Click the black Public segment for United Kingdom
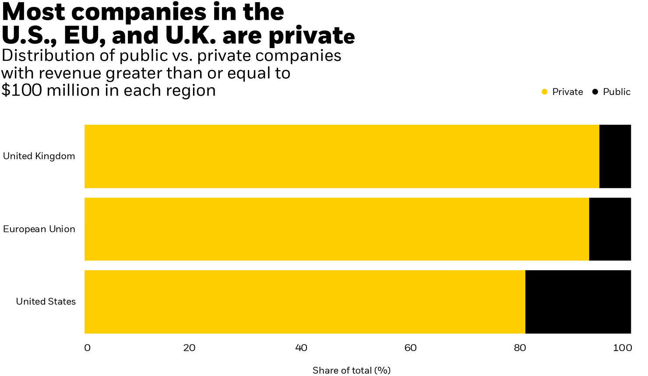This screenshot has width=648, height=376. click(x=615, y=156)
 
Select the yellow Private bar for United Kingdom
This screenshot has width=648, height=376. click(x=342, y=156)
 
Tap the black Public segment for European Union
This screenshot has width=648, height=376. click(x=610, y=229)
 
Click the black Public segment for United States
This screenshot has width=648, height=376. click(x=578, y=302)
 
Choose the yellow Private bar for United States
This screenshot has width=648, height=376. click(x=305, y=302)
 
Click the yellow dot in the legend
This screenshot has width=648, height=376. click(x=545, y=92)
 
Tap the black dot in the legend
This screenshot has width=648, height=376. click(x=595, y=92)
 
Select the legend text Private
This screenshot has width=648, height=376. click(x=567, y=92)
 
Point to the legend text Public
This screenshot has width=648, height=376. click(x=616, y=92)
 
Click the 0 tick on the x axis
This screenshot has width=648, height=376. click(x=87, y=348)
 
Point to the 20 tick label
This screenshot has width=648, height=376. click(x=189, y=348)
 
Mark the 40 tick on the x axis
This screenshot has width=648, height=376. click(x=301, y=348)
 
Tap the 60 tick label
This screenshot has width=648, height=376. click(x=410, y=348)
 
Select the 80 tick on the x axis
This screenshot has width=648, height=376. click(x=520, y=348)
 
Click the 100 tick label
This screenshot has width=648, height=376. click(x=622, y=348)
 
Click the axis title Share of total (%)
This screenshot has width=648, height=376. click(x=351, y=370)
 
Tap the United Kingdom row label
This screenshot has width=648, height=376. click(x=39, y=156)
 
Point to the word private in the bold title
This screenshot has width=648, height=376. click(x=311, y=36)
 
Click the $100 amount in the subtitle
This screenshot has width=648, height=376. click(x=22, y=91)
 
